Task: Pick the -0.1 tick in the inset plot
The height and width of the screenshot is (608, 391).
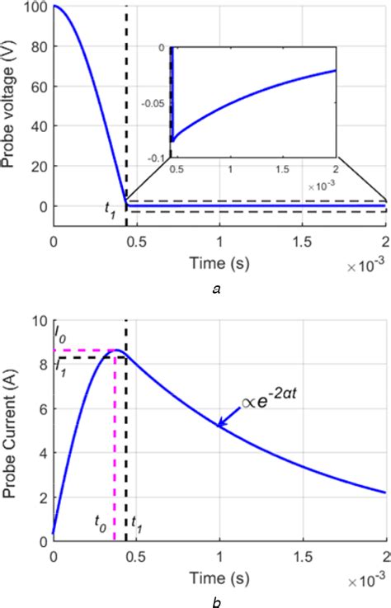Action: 155,155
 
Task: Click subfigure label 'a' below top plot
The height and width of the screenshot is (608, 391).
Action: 216,289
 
